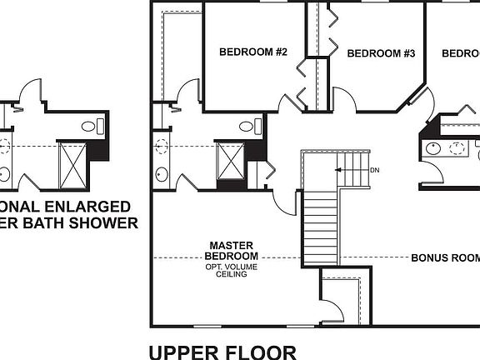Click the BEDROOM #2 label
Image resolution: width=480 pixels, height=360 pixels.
tap(253, 52)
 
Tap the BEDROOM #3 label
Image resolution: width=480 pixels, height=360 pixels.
tap(381, 53)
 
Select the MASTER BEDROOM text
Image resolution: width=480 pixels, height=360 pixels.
tap(232, 251)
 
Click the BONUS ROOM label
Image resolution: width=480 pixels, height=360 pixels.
tap(445, 258)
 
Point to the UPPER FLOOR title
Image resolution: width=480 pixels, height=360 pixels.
tap(222, 352)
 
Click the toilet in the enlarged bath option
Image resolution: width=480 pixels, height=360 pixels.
tap(92, 127)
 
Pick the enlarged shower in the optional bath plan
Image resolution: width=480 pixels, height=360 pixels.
tap(72, 165)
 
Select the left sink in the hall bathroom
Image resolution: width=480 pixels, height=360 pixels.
tap(432, 149)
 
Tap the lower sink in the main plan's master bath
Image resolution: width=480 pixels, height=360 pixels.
tap(160, 175)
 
